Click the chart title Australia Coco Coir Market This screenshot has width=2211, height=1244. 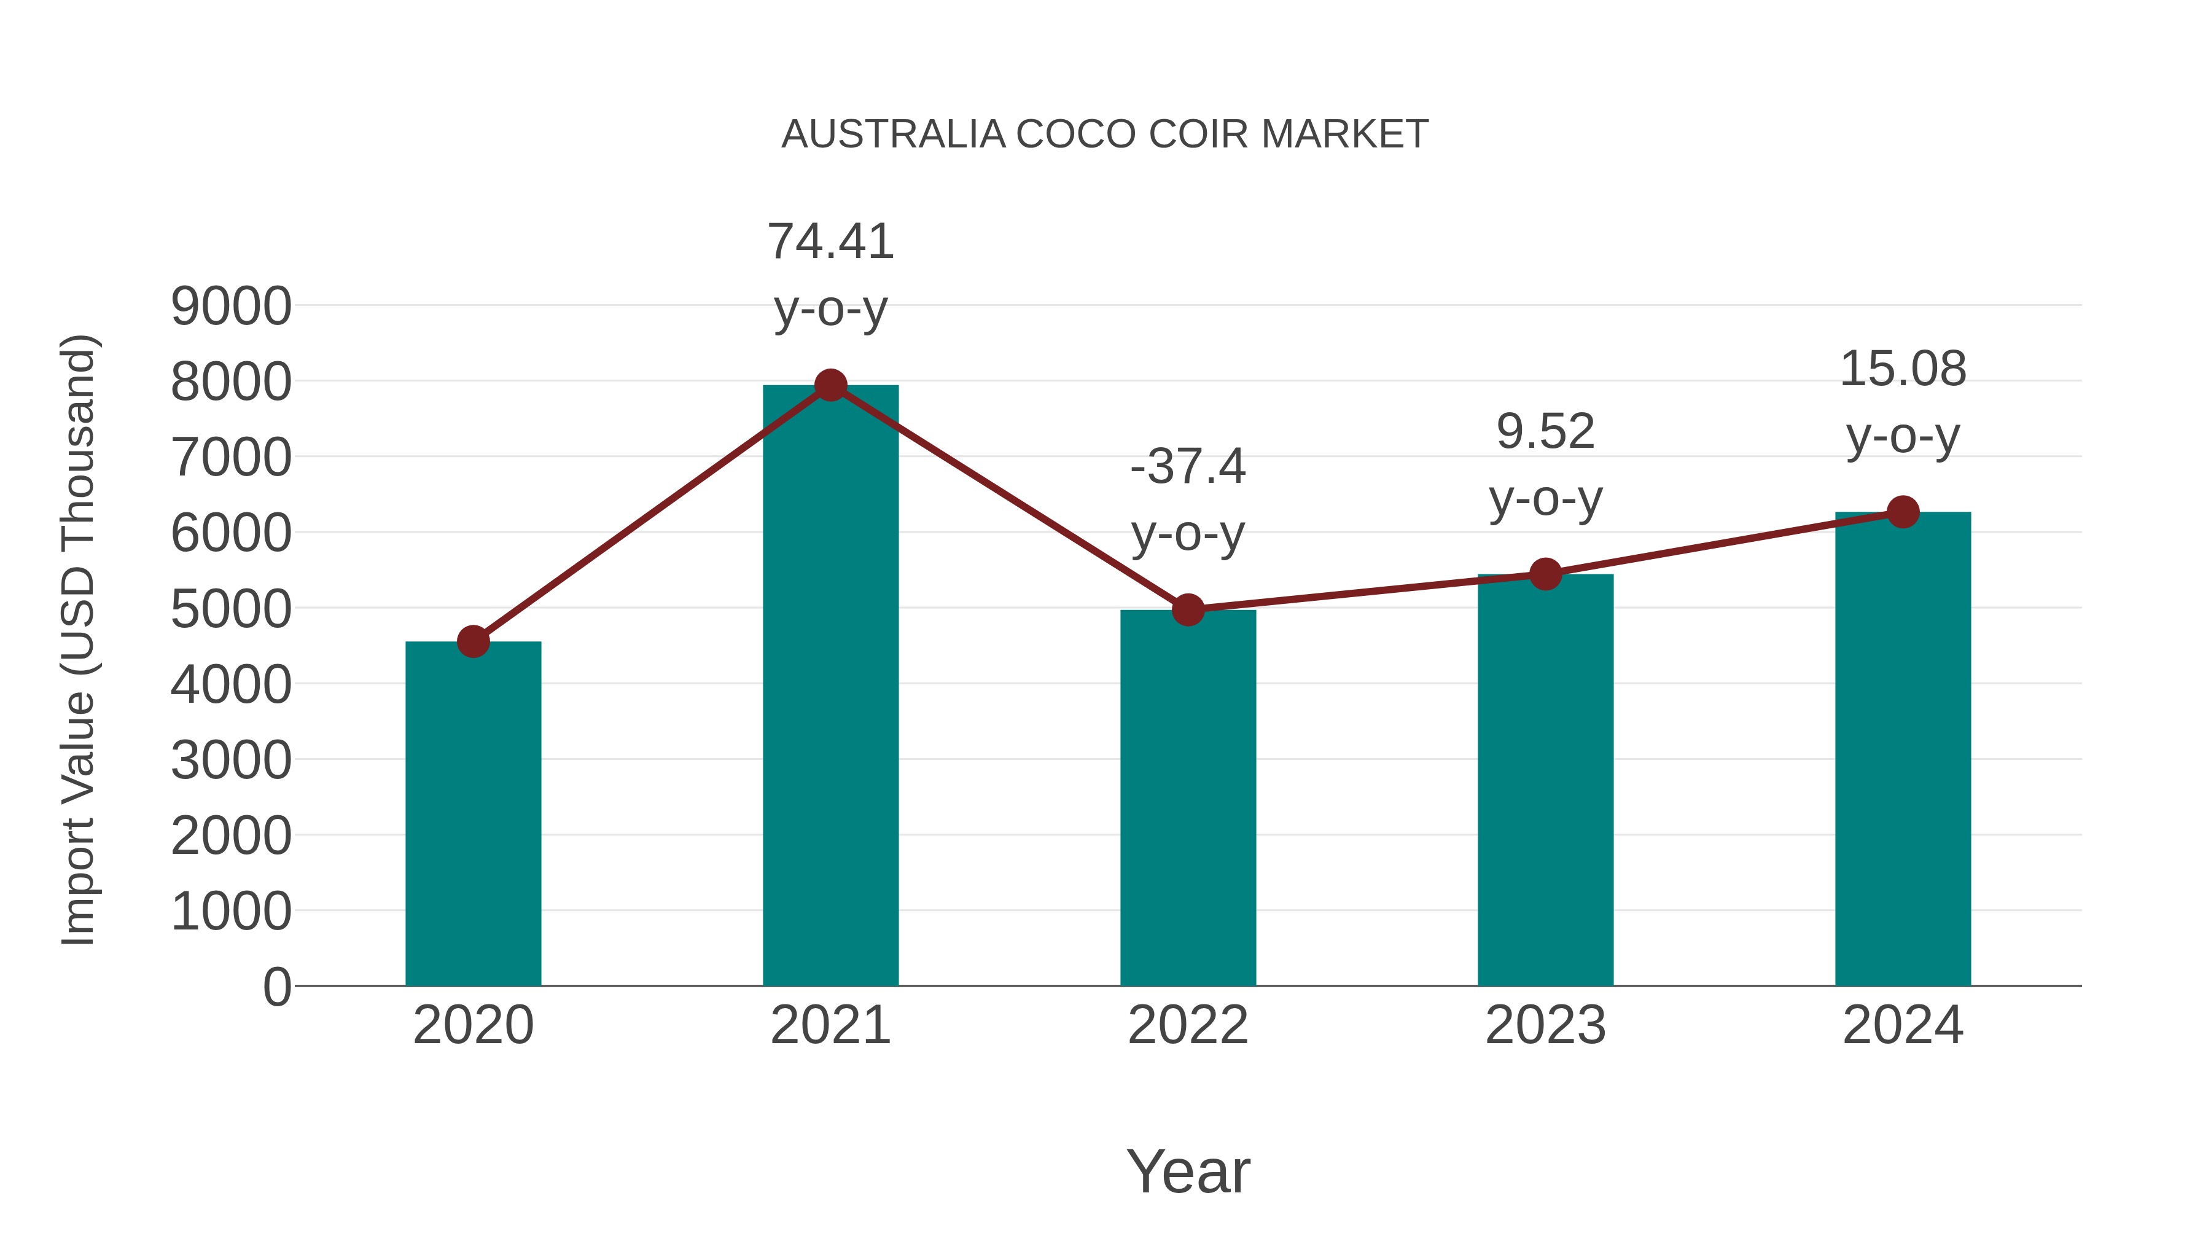pos(1105,135)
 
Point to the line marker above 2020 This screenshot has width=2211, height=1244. pos(473,641)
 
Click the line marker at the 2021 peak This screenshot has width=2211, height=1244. pos(830,385)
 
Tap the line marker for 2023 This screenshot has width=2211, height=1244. pos(1545,574)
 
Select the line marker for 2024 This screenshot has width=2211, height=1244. pos(1903,512)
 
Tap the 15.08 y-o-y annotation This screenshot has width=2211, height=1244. pos(1903,402)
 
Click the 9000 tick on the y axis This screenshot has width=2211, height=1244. pos(231,307)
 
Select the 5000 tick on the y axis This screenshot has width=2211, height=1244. pos(231,609)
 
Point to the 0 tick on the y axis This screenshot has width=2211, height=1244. pos(276,987)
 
